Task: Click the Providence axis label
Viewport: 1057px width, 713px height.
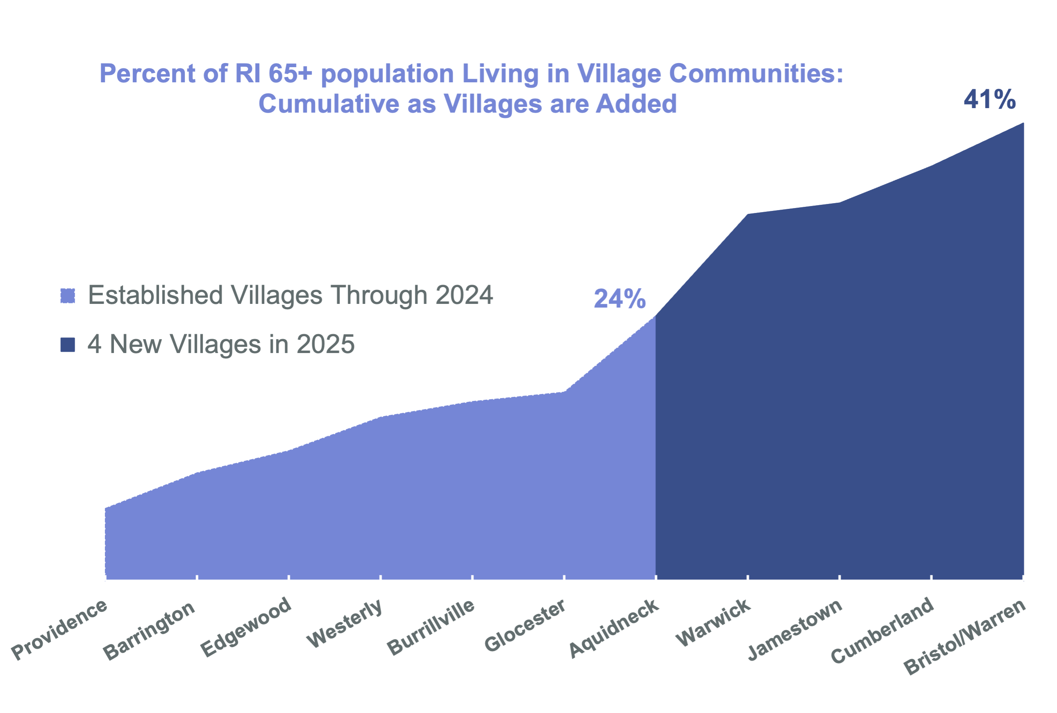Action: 59,630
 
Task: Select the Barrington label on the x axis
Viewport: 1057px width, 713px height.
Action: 149,631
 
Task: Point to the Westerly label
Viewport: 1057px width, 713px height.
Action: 344,624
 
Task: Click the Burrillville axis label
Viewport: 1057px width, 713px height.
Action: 431,627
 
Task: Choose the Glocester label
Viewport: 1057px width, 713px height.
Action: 525,626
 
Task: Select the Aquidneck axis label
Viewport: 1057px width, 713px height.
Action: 614,628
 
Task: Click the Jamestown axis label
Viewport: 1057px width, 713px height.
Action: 795,630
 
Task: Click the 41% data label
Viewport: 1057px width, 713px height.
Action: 990,99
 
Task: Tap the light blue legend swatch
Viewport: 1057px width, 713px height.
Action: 68,296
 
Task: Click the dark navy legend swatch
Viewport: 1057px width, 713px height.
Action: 68,345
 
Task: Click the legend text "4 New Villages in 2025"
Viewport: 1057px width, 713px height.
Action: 221,344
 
